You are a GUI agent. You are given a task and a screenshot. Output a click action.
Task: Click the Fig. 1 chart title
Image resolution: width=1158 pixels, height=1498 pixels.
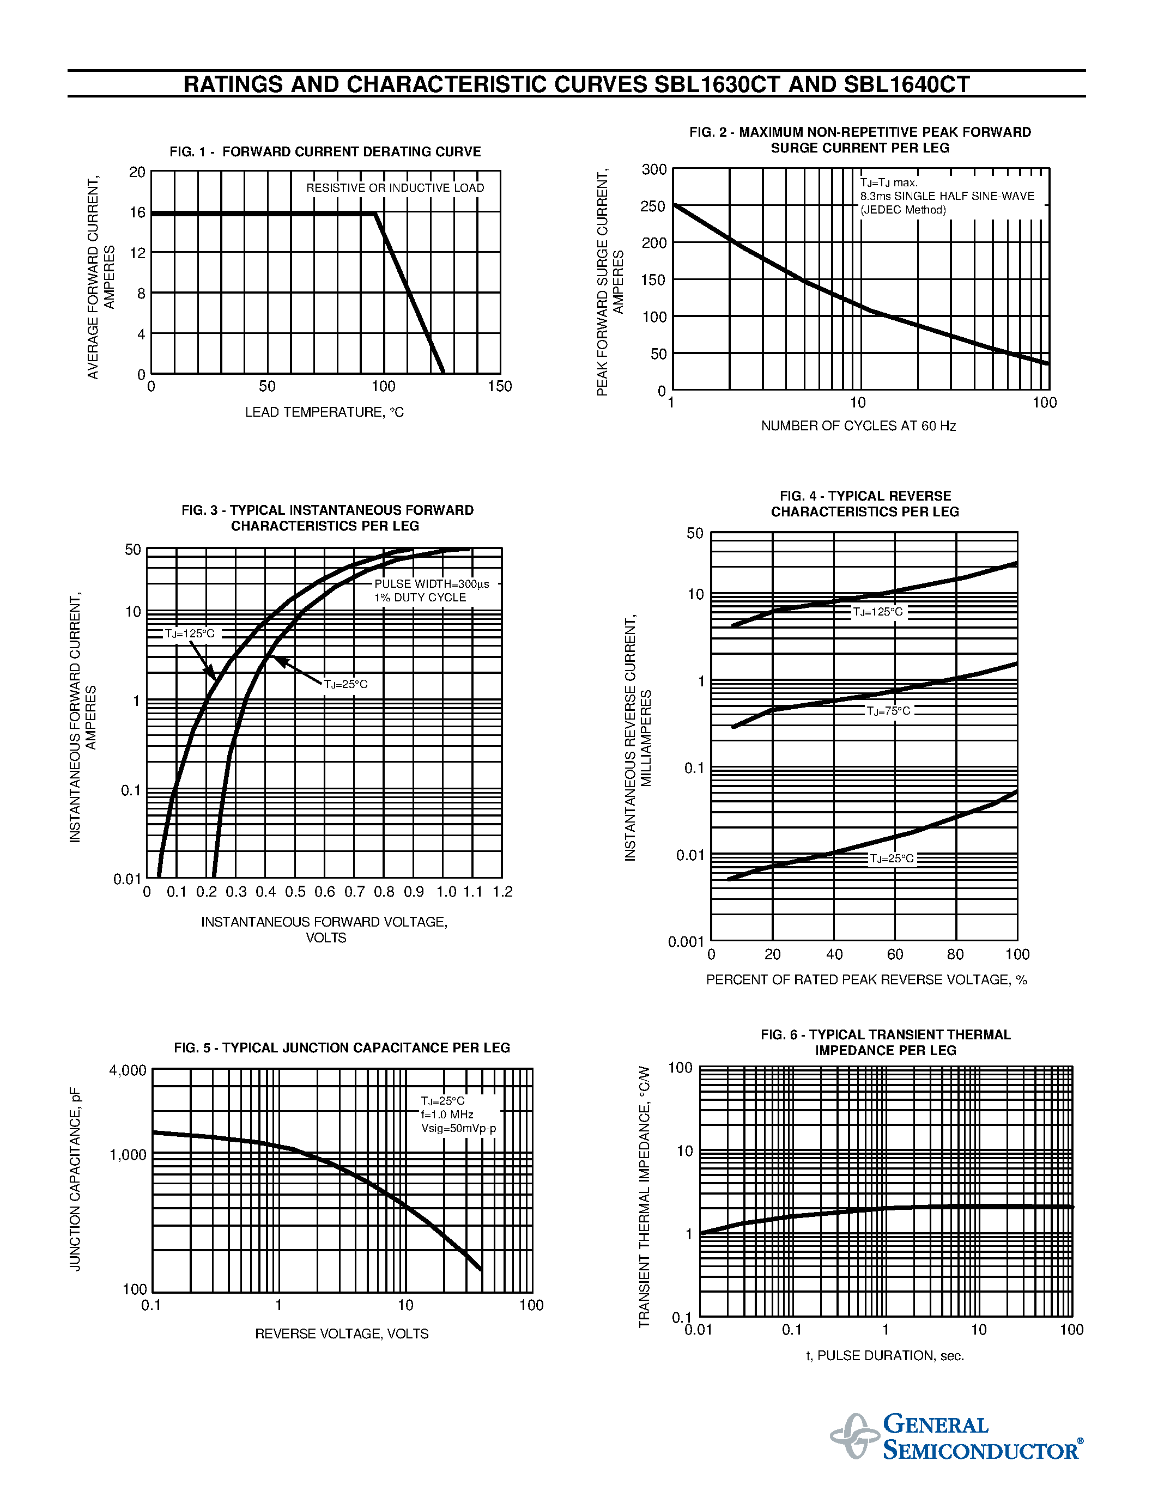(x=325, y=151)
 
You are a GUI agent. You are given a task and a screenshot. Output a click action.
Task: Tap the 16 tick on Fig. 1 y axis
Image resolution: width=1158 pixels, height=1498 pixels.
(x=137, y=212)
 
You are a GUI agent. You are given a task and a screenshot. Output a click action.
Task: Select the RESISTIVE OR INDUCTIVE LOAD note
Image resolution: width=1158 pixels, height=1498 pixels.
(x=395, y=188)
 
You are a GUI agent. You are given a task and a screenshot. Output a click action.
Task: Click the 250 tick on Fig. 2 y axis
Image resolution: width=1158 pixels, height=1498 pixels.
(x=652, y=206)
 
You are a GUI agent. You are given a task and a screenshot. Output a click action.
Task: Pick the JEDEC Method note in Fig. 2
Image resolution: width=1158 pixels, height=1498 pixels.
(x=903, y=210)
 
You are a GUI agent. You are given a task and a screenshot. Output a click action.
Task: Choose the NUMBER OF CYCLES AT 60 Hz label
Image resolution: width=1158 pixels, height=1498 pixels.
(x=858, y=426)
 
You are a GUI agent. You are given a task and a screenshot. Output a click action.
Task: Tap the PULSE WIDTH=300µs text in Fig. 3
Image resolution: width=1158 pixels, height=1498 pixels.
(x=432, y=584)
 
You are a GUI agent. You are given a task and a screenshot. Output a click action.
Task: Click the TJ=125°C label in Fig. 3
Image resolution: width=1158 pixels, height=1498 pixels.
(x=189, y=633)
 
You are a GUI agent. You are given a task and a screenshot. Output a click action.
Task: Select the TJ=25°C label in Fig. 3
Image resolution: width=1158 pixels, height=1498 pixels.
(x=345, y=684)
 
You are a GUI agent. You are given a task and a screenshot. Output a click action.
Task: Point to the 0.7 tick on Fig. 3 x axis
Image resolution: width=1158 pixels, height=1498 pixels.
(x=354, y=892)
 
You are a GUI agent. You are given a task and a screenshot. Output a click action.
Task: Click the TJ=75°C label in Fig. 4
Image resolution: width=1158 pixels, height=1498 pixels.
(x=888, y=710)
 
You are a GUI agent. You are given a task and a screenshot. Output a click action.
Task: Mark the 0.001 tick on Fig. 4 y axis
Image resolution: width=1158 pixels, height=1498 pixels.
(x=686, y=941)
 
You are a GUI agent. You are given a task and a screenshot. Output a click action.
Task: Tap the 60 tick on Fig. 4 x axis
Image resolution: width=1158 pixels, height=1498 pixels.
(x=895, y=954)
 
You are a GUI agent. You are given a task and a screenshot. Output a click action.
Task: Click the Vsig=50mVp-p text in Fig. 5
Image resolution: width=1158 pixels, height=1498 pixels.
(x=458, y=1128)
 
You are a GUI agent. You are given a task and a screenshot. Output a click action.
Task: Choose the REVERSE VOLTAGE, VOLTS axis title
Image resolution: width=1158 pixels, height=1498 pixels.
(x=342, y=1333)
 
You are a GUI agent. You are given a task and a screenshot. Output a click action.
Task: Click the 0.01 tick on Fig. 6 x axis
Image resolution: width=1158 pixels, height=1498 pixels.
(x=699, y=1329)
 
